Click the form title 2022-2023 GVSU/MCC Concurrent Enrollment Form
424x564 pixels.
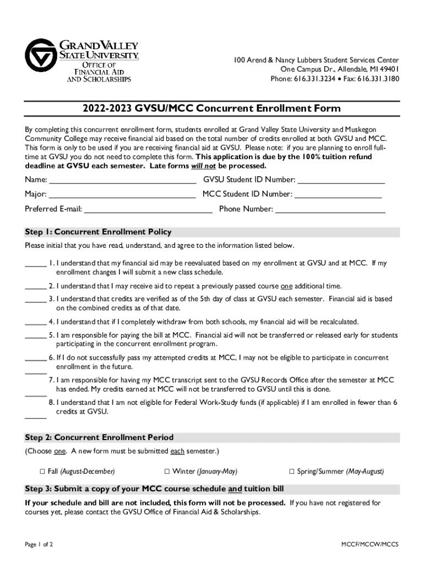point(211,109)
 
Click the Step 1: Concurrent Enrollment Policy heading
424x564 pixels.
point(99,232)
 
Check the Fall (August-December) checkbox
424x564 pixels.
point(42,471)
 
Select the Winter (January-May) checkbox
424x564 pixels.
point(167,471)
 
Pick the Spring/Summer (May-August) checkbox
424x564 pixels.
point(292,471)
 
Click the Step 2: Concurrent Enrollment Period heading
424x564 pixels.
point(99,437)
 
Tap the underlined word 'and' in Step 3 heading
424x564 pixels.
point(235,489)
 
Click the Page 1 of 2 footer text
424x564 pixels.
point(39,544)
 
